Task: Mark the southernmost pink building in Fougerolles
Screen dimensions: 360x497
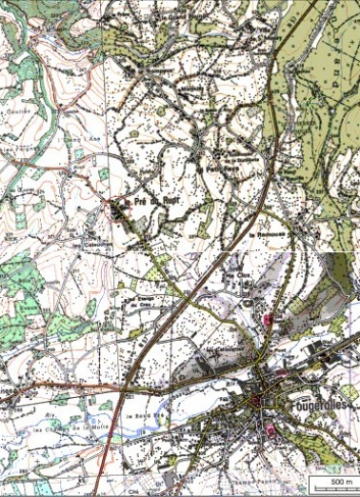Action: coord(271,430)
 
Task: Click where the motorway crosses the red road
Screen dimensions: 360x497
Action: coord(127,387)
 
